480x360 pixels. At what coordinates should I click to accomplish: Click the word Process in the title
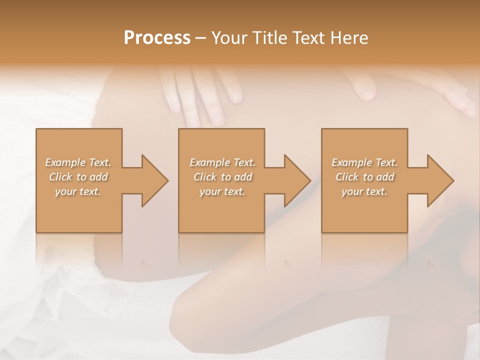(157, 38)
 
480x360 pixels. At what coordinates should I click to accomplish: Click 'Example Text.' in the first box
(78, 162)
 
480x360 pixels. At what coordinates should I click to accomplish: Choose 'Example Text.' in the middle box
(222, 162)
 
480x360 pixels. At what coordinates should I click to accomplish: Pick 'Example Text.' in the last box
(364, 162)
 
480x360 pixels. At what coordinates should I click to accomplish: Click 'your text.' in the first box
(78, 191)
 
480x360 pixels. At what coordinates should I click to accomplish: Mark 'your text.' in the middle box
(222, 191)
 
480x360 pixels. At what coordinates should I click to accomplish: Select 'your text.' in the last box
(364, 191)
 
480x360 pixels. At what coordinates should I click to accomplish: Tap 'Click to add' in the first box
(78, 177)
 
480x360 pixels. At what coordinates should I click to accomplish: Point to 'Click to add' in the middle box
(222, 177)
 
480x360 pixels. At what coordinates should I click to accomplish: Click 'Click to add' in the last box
(364, 177)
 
